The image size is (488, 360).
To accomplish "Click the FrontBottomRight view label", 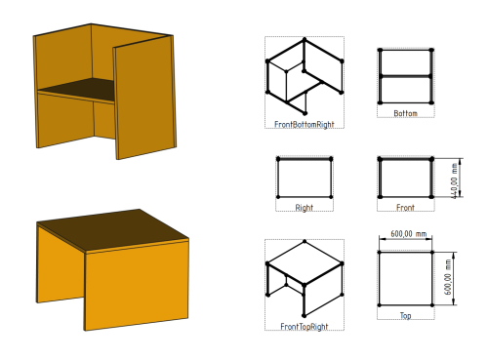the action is tap(305, 125).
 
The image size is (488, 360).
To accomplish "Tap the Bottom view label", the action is tap(405, 113).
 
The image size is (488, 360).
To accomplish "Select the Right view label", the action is tap(305, 208).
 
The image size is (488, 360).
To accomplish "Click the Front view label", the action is tap(405, 208).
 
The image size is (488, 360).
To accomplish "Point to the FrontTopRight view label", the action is tap(305, 327).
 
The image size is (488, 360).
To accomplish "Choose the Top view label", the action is tap(405, 316).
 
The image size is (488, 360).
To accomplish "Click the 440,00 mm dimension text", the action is tap(455, 180).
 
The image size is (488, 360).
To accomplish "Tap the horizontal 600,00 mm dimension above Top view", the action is tap(408, 234).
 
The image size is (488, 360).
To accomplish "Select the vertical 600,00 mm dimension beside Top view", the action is tap(448, 277).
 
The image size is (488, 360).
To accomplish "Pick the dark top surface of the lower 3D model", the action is tap(112, 229).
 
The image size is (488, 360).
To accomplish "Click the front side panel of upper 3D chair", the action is tap(145, 98).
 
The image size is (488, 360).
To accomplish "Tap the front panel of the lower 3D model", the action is tap(137, 285).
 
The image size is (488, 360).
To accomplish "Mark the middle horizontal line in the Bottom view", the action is tap(405, 76).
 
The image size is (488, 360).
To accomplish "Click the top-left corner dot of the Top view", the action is tap(380, 252).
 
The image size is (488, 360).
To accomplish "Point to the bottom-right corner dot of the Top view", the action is tap(432, 305).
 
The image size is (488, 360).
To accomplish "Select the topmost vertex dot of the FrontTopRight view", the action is tap(305, 241).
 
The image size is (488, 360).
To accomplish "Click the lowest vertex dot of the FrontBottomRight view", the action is tap(305, 113).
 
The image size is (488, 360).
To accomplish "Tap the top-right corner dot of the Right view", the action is tap(331, 159).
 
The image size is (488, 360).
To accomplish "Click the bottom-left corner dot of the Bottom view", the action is tap(380, 102).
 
